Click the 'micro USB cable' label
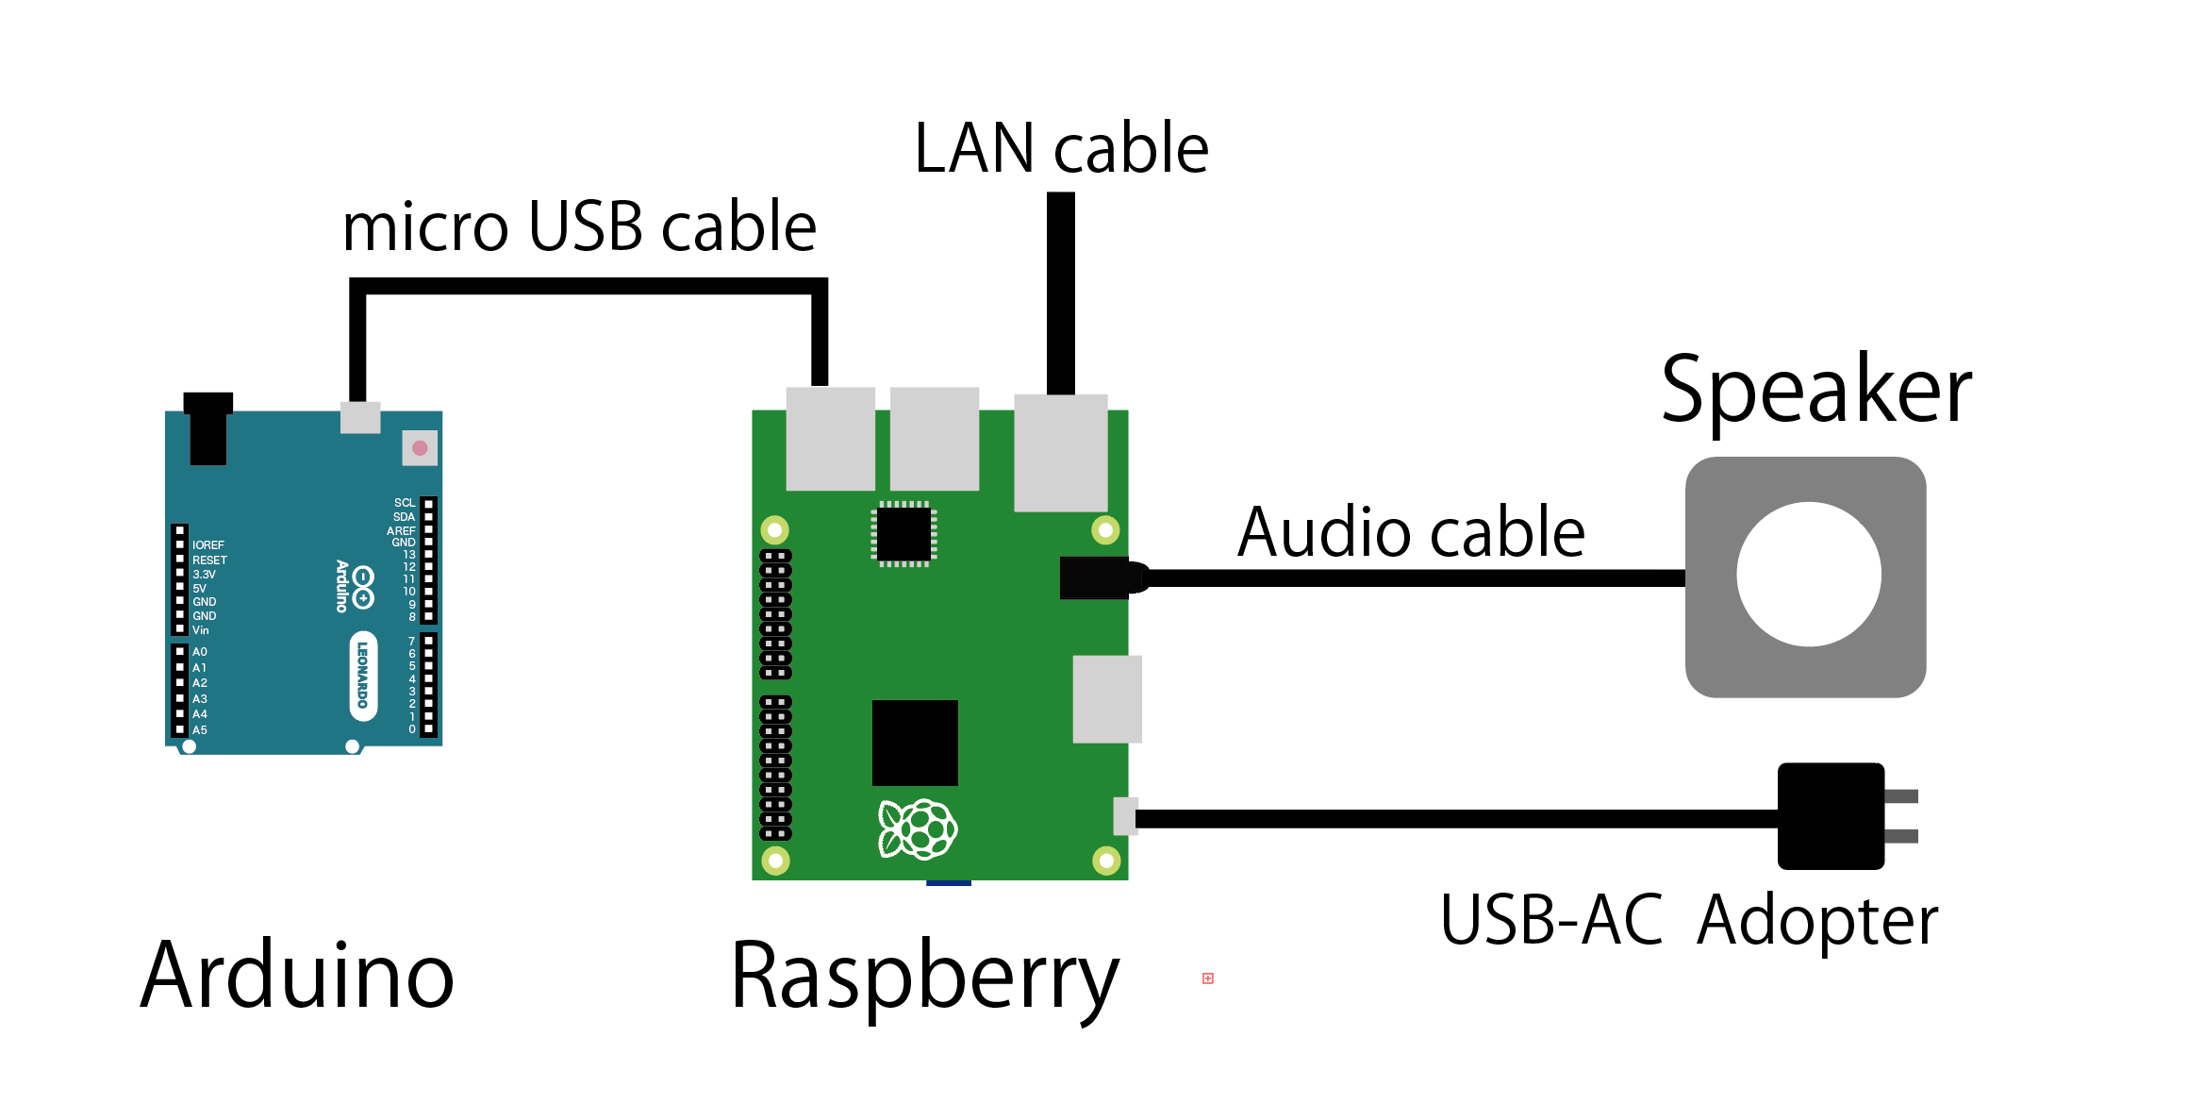[x=579, y=227]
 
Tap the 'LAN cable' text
[x=1061, y=149]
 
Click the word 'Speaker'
[x=1816, y=390]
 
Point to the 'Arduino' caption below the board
[x=297, y=976]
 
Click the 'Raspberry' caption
[x=924, y=978]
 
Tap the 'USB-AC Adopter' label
[x=1689, y=920]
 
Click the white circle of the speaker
[x=1809, y=575]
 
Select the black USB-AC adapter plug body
[x=1831, y=816]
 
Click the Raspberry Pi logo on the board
[x=917, y=829]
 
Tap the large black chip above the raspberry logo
[x=915, y=743]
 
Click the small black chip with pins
[x=903, y=534]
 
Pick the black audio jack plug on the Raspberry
[x=1096, y=577]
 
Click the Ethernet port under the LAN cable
[x=1061, y=453]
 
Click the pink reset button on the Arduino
[x=420, y=448]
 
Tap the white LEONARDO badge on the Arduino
[x=363, y=676]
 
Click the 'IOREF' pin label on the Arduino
[x=208, y=545]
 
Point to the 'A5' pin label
[x=200, y=730]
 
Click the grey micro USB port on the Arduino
[x=360, y=417]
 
